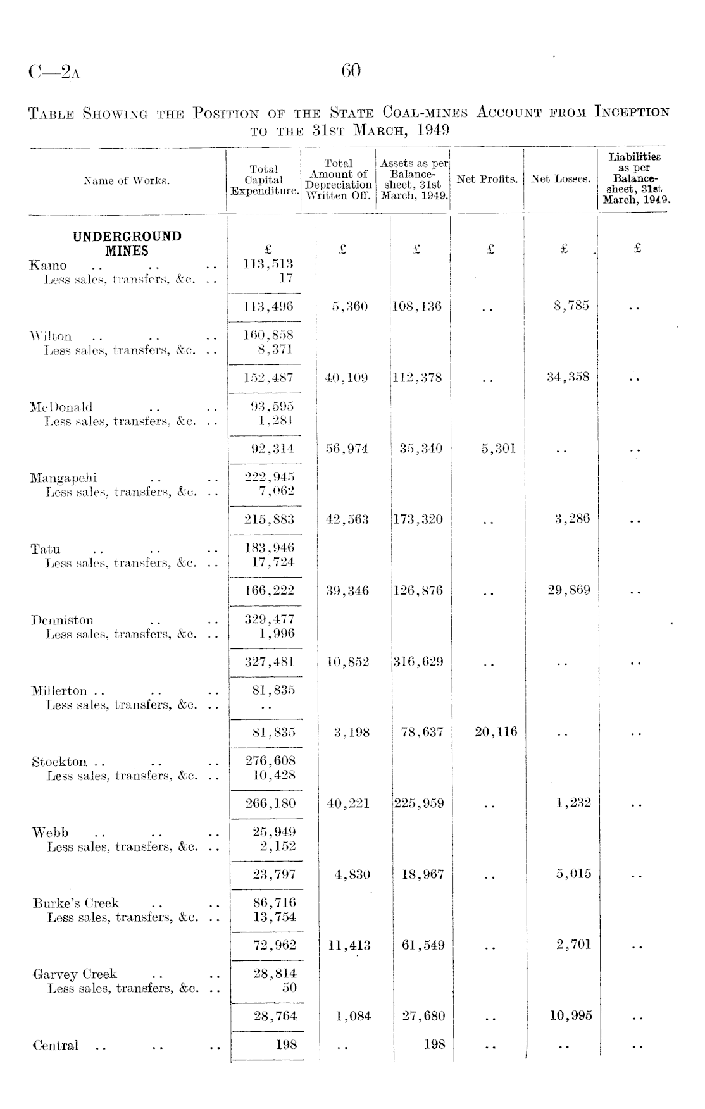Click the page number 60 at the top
tap(351, 70)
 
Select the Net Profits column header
tap(487, 180)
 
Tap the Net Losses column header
tap(561, 180)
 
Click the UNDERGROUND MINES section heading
tap(127, 244)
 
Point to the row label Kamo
tap(49, 265)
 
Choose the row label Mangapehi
tap(63, 478)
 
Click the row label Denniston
tap(62, 620)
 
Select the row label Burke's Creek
tap(76, 903)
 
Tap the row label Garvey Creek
tap(75, 974)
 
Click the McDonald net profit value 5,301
tap(498, 449)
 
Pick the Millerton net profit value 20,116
tap(496, 733)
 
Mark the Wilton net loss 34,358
tap(568, 378)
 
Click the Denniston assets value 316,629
tap(418, 662)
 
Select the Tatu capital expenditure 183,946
tap(270, 548)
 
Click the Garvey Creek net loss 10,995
tap(571, 1016)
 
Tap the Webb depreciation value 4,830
tap(352, 875)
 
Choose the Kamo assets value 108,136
tap(417, 307)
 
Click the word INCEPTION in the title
tap(631, 113)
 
